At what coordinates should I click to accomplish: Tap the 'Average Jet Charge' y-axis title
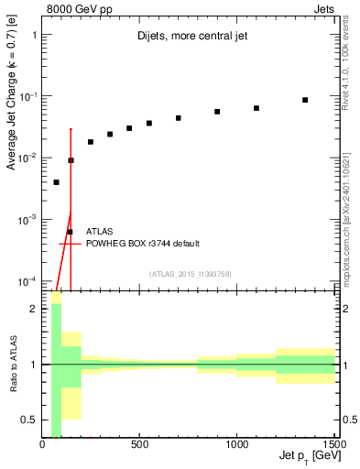(12, 111)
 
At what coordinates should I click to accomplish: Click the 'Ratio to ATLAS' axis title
(12, 365)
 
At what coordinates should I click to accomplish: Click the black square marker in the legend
(70, 232)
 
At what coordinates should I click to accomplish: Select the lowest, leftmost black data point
(56, 182)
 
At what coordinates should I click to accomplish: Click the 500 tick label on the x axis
(139, 445)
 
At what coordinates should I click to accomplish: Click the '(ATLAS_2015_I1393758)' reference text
(190, 273)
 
